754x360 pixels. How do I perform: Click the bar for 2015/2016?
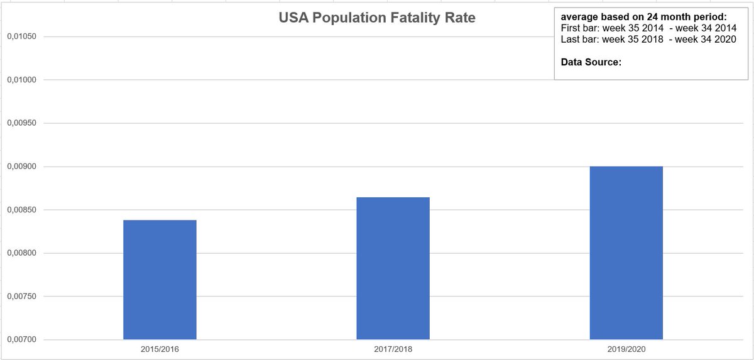[x=160, y=280]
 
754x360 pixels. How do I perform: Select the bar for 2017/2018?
[x=393, y=268]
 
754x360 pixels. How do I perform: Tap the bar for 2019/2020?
[x=626, y=253]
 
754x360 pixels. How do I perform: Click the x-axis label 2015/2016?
[x=160, y=347]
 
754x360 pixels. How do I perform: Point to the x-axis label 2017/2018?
[x=393, y=347]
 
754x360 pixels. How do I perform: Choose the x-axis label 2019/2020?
[x=626, y=347]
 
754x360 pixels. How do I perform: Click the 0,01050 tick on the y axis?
[x=21, y=36]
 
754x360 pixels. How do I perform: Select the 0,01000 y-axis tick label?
[x=21, y=80]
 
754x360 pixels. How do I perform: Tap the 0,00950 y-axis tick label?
[x=21, y=123]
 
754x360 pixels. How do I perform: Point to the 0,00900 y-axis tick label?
[x=21, y=166]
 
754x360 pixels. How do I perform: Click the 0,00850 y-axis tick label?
[x=21, y=210]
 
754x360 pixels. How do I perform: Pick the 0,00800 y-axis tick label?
[x=21, y=253]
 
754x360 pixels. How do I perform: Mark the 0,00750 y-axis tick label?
[x=21, y=297]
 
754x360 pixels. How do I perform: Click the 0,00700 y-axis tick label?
[x=21, y=340]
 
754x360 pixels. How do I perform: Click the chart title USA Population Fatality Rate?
[x=377, y=18]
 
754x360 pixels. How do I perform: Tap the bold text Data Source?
[x=591, y=63]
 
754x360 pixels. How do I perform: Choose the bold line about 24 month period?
[x=643, y=17]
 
